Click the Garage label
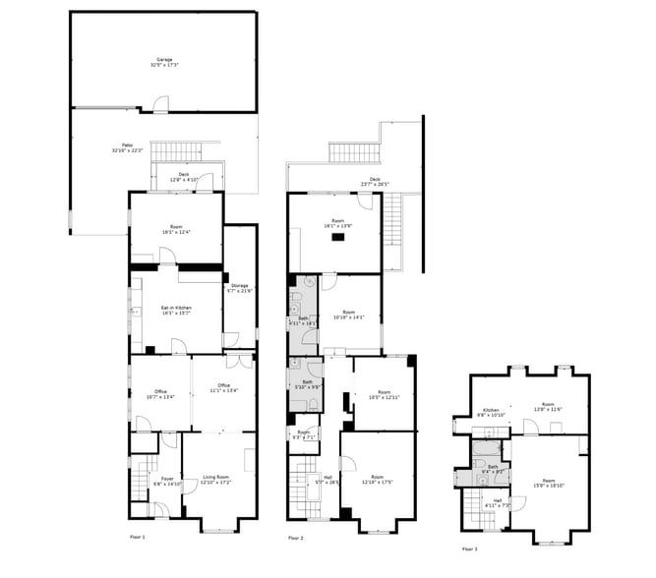click(163, 61)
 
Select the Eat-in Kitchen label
click(176, 310)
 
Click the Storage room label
click(240, 287)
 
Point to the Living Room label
click(214, 479)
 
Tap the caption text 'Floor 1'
click(137, 538)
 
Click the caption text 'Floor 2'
click(296, 539)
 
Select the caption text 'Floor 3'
click(470, 549)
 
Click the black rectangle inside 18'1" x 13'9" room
click(337, 237)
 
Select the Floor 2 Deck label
click(374, 180)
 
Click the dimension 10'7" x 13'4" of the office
click(160, 398)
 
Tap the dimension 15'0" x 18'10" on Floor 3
click(549, 458)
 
